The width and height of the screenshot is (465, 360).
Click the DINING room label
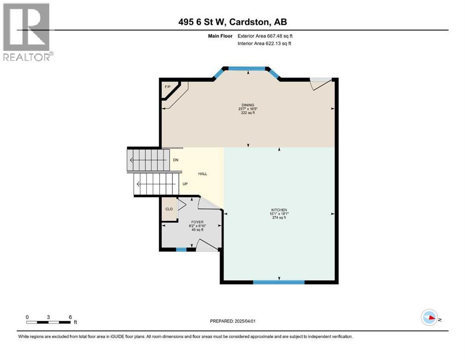(248, 105)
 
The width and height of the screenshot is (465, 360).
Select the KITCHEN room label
(279, 210)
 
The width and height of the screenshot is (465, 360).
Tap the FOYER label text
(197, 222)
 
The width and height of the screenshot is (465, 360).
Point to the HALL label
(202, 174)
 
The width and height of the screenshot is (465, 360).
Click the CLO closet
(169, 209)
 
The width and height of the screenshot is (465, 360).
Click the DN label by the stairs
(176, 160)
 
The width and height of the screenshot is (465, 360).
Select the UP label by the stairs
(185, 184)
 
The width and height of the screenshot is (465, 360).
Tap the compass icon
(429, 317)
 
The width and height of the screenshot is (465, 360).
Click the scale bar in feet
(49, 322)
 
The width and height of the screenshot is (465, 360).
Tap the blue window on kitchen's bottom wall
(279, 282)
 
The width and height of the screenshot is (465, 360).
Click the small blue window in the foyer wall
(181, 249)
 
